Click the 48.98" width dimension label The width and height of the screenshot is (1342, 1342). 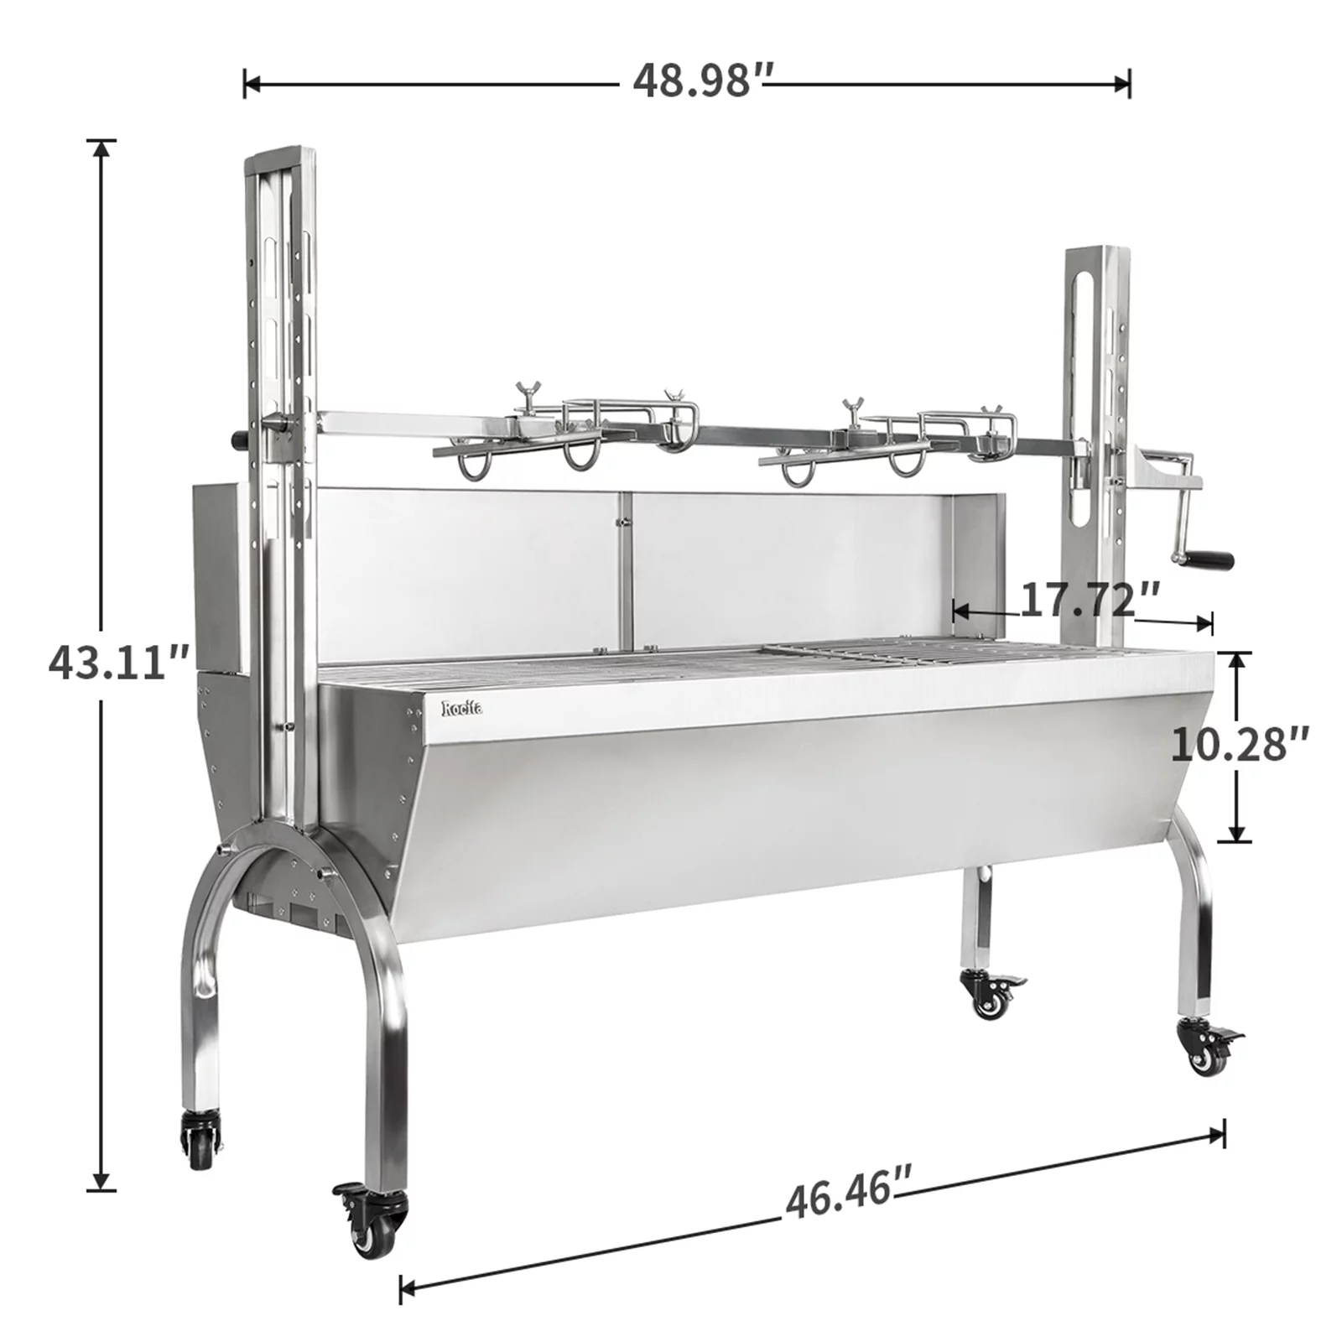pos(703,81)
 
